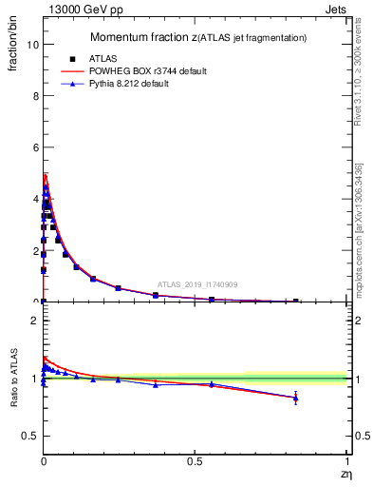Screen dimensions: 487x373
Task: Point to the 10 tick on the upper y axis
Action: click(x=32, y=45)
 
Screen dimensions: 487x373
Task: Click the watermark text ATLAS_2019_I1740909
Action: click(x=197, y=284)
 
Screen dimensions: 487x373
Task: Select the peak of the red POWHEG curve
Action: click(x=45, y=174)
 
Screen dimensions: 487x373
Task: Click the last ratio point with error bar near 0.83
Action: click(x=296, y=398)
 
